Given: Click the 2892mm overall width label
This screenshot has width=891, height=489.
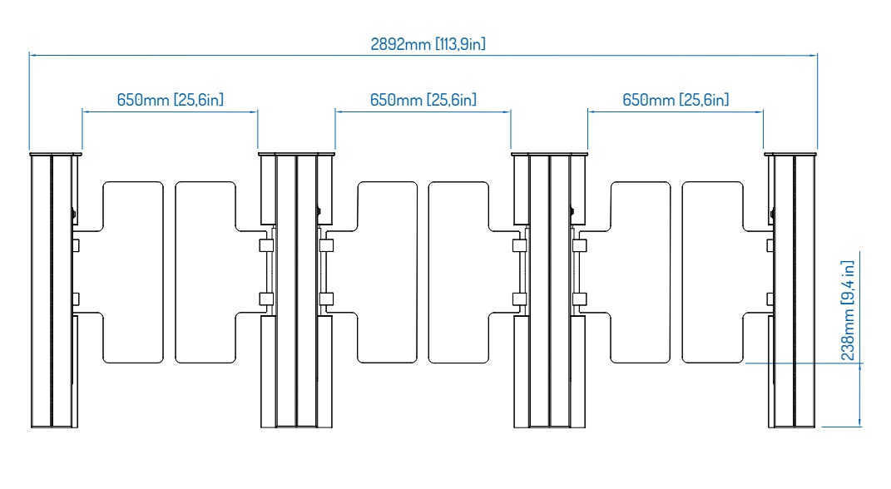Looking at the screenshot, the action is point(428,44).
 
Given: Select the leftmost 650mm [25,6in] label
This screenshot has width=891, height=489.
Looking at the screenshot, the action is point(170,100).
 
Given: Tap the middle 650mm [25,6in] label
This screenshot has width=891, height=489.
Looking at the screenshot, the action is point(423,100).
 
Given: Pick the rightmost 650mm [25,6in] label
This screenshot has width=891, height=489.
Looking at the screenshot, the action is point(676,100).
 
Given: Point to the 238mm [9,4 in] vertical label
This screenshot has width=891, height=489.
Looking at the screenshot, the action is point(847,310).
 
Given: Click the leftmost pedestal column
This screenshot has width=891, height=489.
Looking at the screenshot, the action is point(54,290).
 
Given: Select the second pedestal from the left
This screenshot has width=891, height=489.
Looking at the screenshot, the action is point(296,290).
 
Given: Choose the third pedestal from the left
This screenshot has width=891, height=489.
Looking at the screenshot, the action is point(549,290).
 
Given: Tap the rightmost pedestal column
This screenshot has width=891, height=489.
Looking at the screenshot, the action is point(791,290).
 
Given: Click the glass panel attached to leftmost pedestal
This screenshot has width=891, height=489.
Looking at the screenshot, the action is point(133,272).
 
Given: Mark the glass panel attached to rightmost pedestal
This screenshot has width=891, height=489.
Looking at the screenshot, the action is point(713,272).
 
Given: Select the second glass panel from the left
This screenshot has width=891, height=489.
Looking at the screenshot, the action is point(205,272).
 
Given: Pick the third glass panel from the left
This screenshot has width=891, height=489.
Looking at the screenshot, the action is point(387,272).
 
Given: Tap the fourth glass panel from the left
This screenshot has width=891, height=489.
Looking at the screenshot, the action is point(458,272).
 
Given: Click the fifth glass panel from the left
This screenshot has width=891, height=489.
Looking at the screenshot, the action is point(641,272).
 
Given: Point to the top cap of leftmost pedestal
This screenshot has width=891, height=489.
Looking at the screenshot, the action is point(56,154).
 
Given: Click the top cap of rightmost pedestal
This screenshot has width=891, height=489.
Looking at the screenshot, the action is point(791,154).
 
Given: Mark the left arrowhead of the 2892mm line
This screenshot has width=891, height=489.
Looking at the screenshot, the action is point(32,55).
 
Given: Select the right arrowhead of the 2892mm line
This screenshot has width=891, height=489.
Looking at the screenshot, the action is point(814,55).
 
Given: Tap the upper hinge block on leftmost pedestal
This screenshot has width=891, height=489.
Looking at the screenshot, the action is point(76,245).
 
